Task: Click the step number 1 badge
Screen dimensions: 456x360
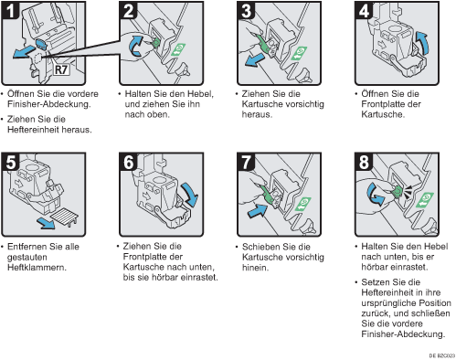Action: pos(11,11)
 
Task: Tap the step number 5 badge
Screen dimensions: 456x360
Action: pos(11,162)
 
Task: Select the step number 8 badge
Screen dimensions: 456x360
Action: pos(364,162)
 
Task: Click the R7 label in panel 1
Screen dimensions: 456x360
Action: pos(61,69)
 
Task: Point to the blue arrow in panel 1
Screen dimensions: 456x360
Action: pos(24,51)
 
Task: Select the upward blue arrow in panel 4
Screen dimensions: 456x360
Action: pos(423,42)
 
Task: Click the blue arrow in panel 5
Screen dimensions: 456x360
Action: pos(45,224)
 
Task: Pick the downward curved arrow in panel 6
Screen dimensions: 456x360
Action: pos(190,195)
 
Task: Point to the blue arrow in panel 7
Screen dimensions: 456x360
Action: pos(258,211)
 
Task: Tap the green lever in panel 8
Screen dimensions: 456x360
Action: pos(398,191)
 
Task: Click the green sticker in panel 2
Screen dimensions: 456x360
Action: pos(178,49)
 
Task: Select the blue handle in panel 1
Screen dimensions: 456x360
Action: pos(41,44)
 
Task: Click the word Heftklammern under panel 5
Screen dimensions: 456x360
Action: pos(37,268)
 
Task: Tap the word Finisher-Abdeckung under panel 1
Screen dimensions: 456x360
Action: pos(48,104)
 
